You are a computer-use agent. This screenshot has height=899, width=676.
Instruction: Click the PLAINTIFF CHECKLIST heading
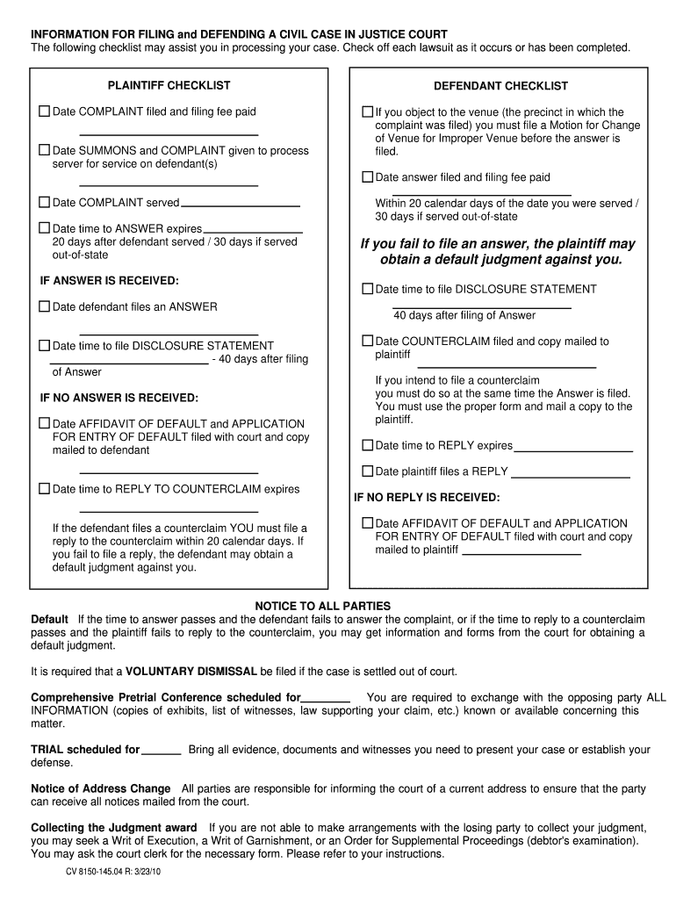click(x=169, y=85)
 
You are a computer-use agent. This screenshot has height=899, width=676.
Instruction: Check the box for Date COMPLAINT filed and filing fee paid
click(x=44, y=111)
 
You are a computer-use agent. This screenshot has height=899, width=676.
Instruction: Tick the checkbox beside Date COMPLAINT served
click(x=44, y=202)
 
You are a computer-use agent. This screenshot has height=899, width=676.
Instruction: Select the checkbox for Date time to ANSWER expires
click(x=44, y=228)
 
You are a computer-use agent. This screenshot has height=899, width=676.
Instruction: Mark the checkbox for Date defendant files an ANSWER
click(x=44, y=306)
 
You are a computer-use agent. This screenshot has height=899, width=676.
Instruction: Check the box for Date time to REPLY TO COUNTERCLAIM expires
click(x=44, y=489)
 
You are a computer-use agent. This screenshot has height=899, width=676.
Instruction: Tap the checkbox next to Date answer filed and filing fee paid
click(x=368, y=176)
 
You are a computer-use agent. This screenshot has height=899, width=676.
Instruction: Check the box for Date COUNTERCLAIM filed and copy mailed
click(x=368, y=341)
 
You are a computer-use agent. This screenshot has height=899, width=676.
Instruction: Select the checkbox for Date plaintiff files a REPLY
click(x=368, y=471)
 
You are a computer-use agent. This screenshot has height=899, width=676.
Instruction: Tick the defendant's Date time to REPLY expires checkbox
click(x=368, y=445)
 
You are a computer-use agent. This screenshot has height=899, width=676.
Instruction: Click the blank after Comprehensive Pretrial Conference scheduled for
click(x=326, y=699)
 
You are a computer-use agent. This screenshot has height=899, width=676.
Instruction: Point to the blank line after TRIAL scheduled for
click(x=161, y=751)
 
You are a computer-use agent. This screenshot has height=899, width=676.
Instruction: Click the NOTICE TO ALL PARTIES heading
click(x=322, y=607)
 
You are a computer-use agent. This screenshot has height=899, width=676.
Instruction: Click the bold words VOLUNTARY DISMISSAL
click(x=191, y=672)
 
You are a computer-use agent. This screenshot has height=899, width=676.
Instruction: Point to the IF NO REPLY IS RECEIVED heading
click(x=427, y=497)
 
